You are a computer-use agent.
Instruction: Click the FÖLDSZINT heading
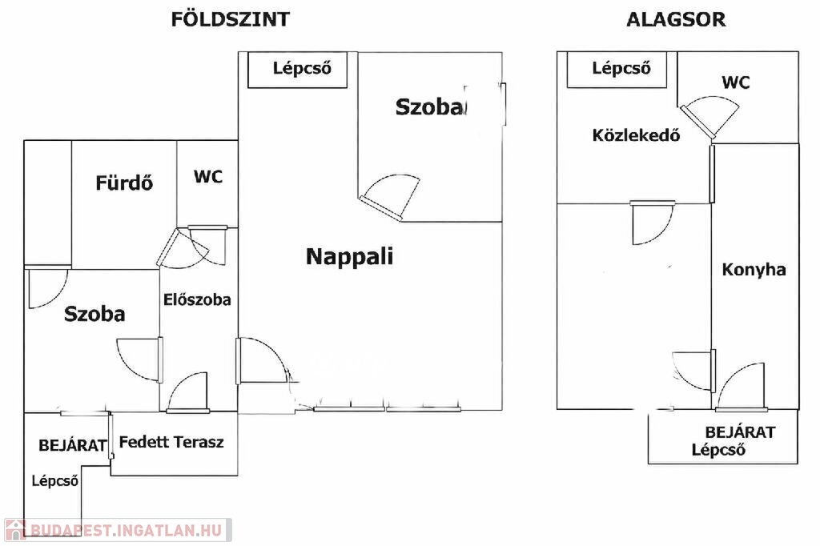tap(230, 19)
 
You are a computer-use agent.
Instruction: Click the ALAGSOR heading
tap(676, 20)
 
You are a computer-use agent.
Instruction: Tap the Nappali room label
tap(349, 256)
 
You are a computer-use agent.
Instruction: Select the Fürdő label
tap(124, 183)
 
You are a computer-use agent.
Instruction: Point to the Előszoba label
tap(197, 299)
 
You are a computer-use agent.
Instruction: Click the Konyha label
tap(754, 269)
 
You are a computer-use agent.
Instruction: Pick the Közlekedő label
tap(636, 135)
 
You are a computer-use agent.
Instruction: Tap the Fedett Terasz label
tap(171, 442)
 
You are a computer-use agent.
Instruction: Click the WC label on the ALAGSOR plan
tap(736, 82)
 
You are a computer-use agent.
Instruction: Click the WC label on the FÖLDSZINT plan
tap(208, 177)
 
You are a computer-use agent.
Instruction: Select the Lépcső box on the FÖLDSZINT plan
tap(297, 70)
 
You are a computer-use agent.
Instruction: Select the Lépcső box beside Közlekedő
tap(617, 70)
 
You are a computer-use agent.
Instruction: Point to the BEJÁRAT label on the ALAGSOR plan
tap(740, 432)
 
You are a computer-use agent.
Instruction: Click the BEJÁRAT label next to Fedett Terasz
tap(73, 446)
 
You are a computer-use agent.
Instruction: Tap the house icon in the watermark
tap(15, 530)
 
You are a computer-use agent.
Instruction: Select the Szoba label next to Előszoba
tap(94, 314)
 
